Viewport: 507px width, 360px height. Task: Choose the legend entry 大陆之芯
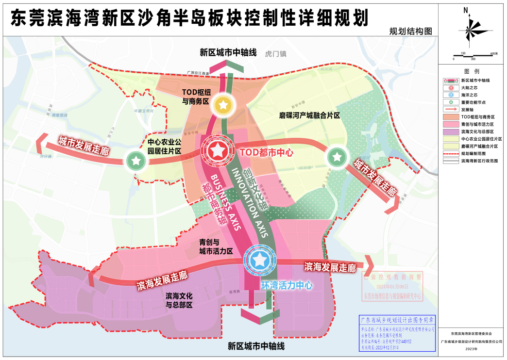470,88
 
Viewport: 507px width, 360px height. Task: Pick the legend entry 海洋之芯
470,95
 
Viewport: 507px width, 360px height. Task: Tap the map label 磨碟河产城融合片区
309,115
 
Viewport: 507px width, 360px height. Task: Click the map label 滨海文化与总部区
180,300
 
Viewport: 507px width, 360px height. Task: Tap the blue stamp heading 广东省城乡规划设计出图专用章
397,320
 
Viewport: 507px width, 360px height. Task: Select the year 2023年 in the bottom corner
472,349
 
